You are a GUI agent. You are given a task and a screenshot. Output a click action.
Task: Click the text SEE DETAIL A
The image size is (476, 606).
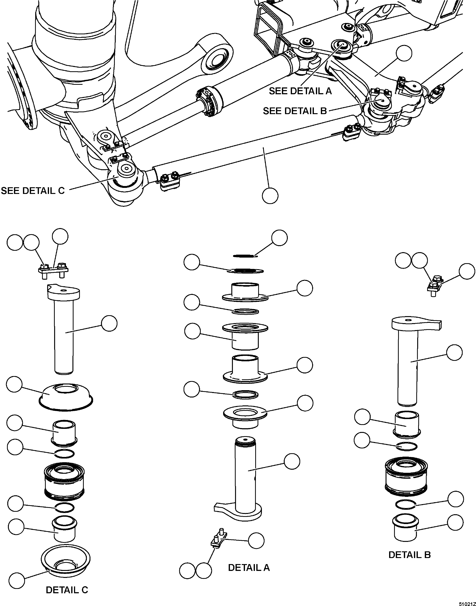[300, 91]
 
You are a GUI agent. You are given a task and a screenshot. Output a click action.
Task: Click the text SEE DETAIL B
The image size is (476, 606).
[295, 111]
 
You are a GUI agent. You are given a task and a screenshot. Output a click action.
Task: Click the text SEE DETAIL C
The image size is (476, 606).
[33, 191]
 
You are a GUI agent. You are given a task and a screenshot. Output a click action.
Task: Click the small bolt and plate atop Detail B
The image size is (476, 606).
[434, 286]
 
